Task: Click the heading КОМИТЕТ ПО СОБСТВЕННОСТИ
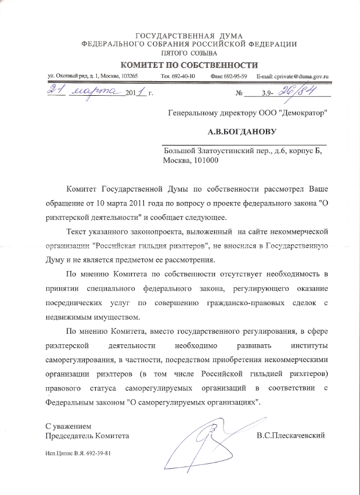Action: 189,64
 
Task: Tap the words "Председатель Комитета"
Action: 87,435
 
